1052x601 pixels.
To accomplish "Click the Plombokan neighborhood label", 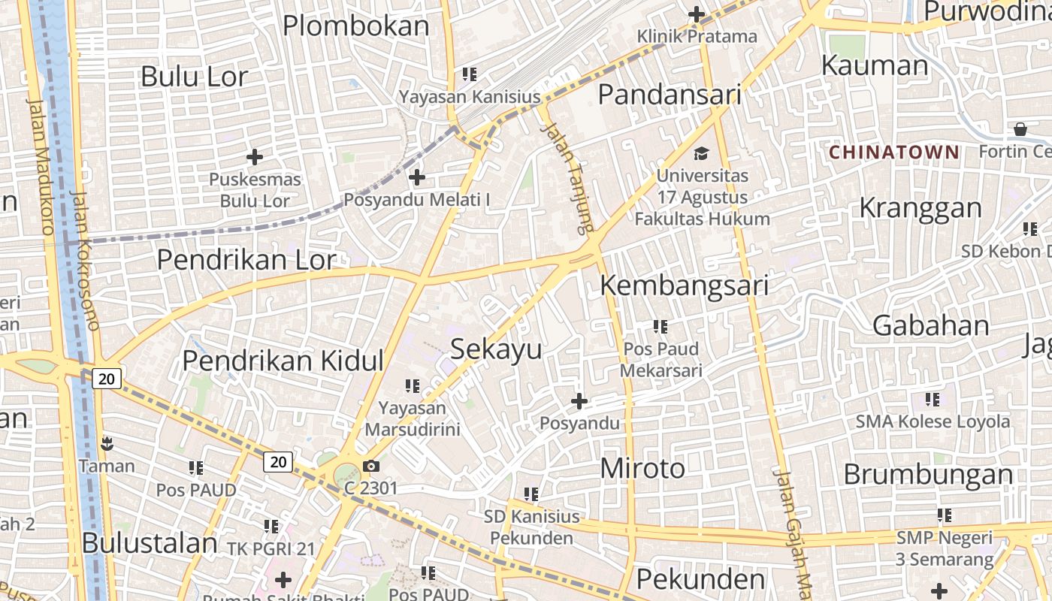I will pyautogui.click(x=355, y=26).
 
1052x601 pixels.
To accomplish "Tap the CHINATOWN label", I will pyautogui.click(x=893, y=153).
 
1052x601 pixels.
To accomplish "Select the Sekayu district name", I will pyautogui.click(x=496, y=349).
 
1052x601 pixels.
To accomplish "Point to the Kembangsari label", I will pyautogui.click(x=684, y=285).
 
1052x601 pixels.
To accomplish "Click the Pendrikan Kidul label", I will pyautogui.click(x=283, y=361).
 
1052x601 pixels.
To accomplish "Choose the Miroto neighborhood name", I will pyautogui.click(x=642, y=469).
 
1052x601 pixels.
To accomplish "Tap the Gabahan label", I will pyautogui.click(x=930, y=325).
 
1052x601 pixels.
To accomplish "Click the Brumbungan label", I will pyautogui.click(x=928, y=475).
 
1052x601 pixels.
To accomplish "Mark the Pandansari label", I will pyautogui.click(x=670, y=95).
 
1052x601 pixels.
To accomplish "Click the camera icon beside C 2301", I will pyautogui.click(x=370, y=467).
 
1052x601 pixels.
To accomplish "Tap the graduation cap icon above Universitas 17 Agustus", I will pyautogui.click(x=701, y=154).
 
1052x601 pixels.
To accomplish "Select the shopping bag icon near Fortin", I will pyautogui.click(x=1020, y=129).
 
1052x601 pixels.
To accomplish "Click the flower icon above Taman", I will pyautogui.click(x=106, y=443).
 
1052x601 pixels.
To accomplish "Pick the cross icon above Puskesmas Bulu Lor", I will pyautogui.click(x=255, y=157).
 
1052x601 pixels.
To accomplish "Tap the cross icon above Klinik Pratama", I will pyautogui.click(x=697, y=14).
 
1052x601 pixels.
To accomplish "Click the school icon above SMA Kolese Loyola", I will pyautogui.click(x=933, y=399).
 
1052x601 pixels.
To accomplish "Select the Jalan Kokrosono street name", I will pyautogui.click(x=84, y=259).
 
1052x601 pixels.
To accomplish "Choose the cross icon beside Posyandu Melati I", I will pyautogui.click(x=416, y=177).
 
